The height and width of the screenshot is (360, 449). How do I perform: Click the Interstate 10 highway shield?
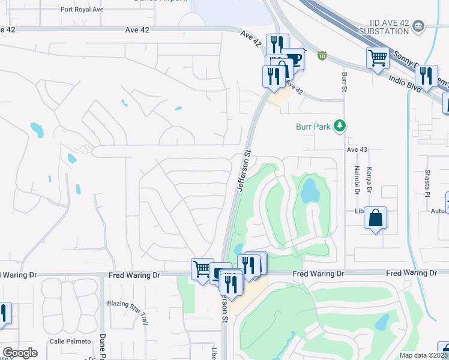pyautogui.click(x=322, y=56)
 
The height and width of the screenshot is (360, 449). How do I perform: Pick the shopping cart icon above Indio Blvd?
pyautogui.click(x=378, y=58)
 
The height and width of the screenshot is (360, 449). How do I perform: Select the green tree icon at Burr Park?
pyautogui.click(x=340, y=125)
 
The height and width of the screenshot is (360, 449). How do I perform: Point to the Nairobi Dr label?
pyautogui.click(x=356, y=180)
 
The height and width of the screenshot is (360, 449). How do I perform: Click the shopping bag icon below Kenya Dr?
pyautogui.click(x=376, y=218)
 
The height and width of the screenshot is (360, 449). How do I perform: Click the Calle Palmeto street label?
pyautogui.click(x=70, y=341)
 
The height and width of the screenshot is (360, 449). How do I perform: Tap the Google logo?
pyautogui.click(x=20, y=353)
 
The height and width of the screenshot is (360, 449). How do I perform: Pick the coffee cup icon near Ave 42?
pyautogui.click(x=294, y=58)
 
